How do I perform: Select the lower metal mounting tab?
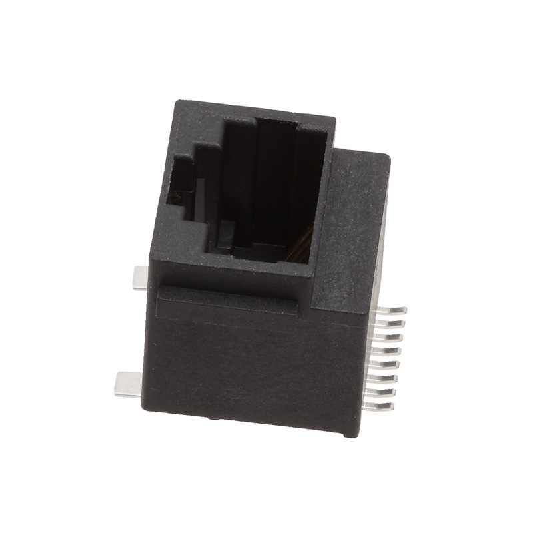[127, 385]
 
